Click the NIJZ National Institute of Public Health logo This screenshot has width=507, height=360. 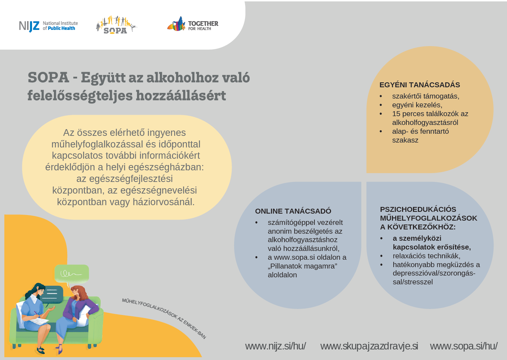click(x=49, y=26)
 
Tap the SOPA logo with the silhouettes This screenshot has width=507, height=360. click(x=116, y=25)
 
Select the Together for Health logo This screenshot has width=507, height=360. click(x=193, y=24)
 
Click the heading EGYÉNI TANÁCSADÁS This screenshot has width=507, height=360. click(x=420, y=85)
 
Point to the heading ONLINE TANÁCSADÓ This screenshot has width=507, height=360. click(x=293, y=211)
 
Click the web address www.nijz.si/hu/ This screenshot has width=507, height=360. click(x=275, y=346)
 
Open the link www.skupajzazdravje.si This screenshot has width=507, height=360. click(x=369, y=346)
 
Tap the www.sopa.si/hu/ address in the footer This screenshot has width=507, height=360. click(x=464, y=346)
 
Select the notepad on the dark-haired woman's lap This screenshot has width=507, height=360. click(x=39, y=321)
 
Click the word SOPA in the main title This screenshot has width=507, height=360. click(x=48, y=77)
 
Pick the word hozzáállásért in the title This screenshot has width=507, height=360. click(x=181, y=95)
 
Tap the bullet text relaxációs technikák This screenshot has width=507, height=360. click(x=426, y=256)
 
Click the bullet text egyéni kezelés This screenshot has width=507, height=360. click(x=417, y=105)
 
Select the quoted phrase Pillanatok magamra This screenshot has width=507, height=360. click(x=302, y=266)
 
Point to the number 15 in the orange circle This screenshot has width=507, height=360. click(x=396, y=114)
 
